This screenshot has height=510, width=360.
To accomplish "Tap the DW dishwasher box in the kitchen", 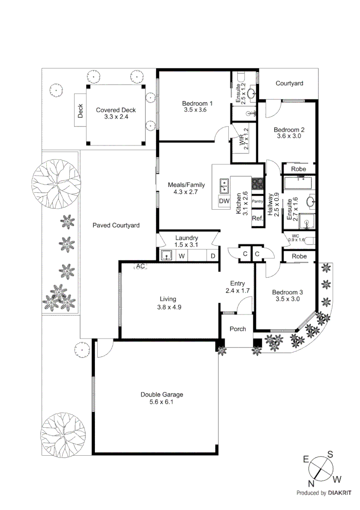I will coord(224,202).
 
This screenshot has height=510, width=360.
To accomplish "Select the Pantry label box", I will coord(257,202).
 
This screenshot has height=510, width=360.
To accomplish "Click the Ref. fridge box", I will coord(257,218).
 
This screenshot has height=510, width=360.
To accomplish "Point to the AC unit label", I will coord(140,266).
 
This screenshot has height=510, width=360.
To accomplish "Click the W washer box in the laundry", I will coord(181,256).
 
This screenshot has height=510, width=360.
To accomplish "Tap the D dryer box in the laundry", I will coord(213,256).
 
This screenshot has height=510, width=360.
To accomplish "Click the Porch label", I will coord(237,329).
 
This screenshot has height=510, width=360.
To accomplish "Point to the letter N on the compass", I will coord(311,483).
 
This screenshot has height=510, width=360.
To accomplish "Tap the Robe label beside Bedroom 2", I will coord(298,169).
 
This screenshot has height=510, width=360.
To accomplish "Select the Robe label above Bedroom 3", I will coord(298,256).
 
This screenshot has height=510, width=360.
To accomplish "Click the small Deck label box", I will coord(80,110).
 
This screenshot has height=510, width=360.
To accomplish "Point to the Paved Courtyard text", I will coord(116,225).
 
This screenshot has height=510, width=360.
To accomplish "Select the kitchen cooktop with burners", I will coord(258,183).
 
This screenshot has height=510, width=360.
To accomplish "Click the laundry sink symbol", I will coord(167,255).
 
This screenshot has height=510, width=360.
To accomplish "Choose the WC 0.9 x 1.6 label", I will coord(296,238).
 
